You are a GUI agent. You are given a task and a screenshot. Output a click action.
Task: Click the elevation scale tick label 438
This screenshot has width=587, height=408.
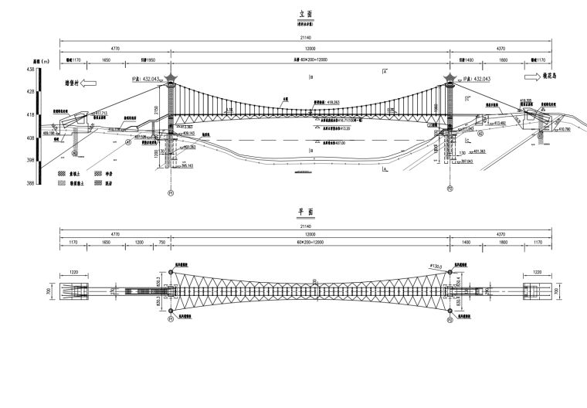click(x=30, y=70)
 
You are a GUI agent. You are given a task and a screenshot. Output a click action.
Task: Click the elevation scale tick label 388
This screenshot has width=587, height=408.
click(x=30, y=183)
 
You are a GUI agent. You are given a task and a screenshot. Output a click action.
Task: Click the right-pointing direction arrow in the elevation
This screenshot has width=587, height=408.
click(x=532, y=77)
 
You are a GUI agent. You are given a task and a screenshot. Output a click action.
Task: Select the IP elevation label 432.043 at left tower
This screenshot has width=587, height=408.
click(x=147, y=79)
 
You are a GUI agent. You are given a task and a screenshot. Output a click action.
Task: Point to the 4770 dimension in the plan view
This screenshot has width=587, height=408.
click(x=115, y=233)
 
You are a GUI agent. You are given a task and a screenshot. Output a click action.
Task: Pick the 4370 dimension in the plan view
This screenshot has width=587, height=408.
click(x=500, y=233)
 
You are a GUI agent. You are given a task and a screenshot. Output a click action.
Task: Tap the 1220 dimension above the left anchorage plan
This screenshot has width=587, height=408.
click(x=75, y=272)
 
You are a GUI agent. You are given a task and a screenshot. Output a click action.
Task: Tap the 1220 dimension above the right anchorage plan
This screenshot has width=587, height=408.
click(x=540, y=272)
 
